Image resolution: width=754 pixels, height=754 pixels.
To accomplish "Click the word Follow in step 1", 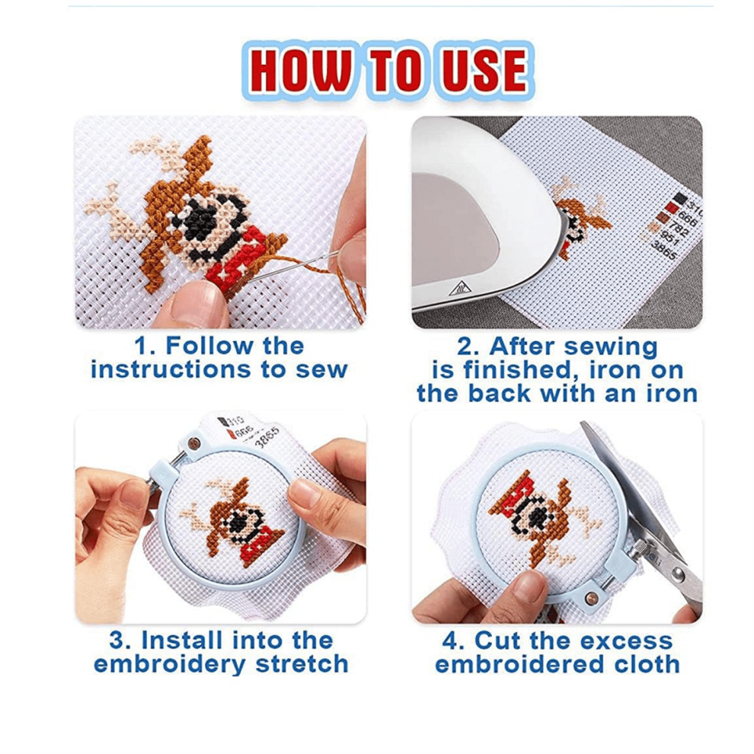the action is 209,346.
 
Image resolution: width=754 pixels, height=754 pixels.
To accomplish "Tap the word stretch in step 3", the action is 302,664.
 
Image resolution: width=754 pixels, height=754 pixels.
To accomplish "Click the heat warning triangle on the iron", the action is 460,288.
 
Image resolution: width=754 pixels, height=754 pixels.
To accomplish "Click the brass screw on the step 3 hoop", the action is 193,442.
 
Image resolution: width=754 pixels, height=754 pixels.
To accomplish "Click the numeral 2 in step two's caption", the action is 465,347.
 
